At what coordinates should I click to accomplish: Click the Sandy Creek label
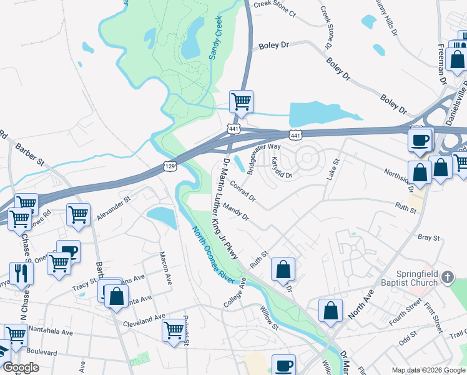click(x=216, y=38)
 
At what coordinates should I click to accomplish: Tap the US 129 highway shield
click(x=169, y=166)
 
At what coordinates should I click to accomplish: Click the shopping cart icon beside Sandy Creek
click(x=241, y=101)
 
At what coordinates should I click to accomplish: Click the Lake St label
click(x=333, y=169)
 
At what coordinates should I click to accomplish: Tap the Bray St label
click(x=429, y=237)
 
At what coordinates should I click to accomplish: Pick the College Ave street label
click(x=235, y=292)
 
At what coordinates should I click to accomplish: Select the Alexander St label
click(x=113, y=209)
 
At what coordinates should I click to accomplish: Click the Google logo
click(x=21, y=367)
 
